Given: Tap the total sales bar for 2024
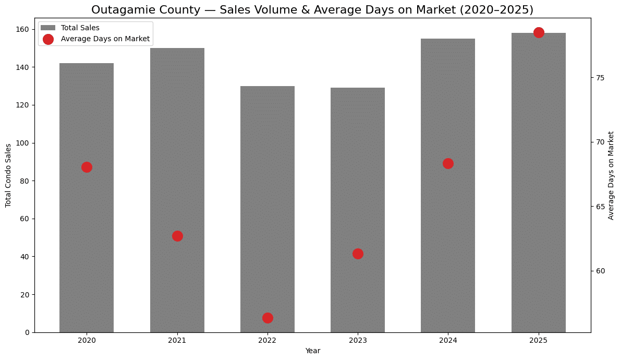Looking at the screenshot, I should pyautogui.click(x=448, y=235).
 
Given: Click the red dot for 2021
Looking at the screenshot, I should pyautogui.click(x=177, y=236).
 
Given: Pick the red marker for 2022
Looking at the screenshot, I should pyautogui.click(x=268, y=318).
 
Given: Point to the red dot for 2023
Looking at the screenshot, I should pyautogui.click(x=358, y=254).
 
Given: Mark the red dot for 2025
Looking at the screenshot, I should pyautogui.click(x=539, y=32).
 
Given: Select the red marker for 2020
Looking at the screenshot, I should pyautogui.click(x=87, y=167).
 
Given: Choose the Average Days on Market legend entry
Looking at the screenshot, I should pyautogui.click(x=105, y=39).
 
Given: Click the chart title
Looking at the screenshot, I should pyautogui.click(x=312, y=10).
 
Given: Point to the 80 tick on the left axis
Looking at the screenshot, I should pyautogui.click(x=25, y=181).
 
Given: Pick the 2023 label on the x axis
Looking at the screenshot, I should pyautogui.click(x=358, y=340).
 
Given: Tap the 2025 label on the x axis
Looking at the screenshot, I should pyautogui.click(x=539, y=340).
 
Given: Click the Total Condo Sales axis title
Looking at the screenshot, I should pyautogui.click(x=8, y=175).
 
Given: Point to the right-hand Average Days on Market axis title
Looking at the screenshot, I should pyautogui.click(x=611, y=175).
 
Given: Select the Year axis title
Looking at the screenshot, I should pyautogui.click(x=312, y=351).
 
